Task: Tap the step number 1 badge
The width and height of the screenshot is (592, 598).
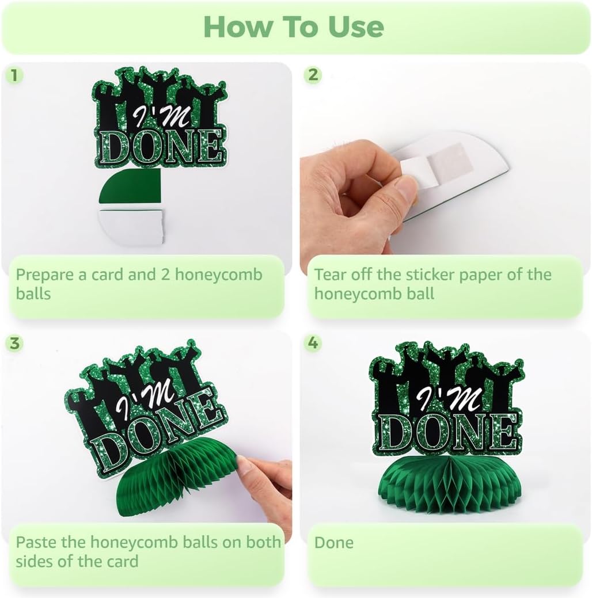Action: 14,75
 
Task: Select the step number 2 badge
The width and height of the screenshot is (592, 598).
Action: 313,75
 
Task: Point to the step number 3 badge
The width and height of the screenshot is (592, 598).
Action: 14,343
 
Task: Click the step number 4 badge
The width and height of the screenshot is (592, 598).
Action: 313,343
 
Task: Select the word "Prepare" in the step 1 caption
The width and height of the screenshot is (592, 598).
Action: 45,275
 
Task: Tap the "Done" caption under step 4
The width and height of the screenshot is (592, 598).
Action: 334,543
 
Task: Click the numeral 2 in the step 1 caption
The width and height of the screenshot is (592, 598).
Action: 165,275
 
